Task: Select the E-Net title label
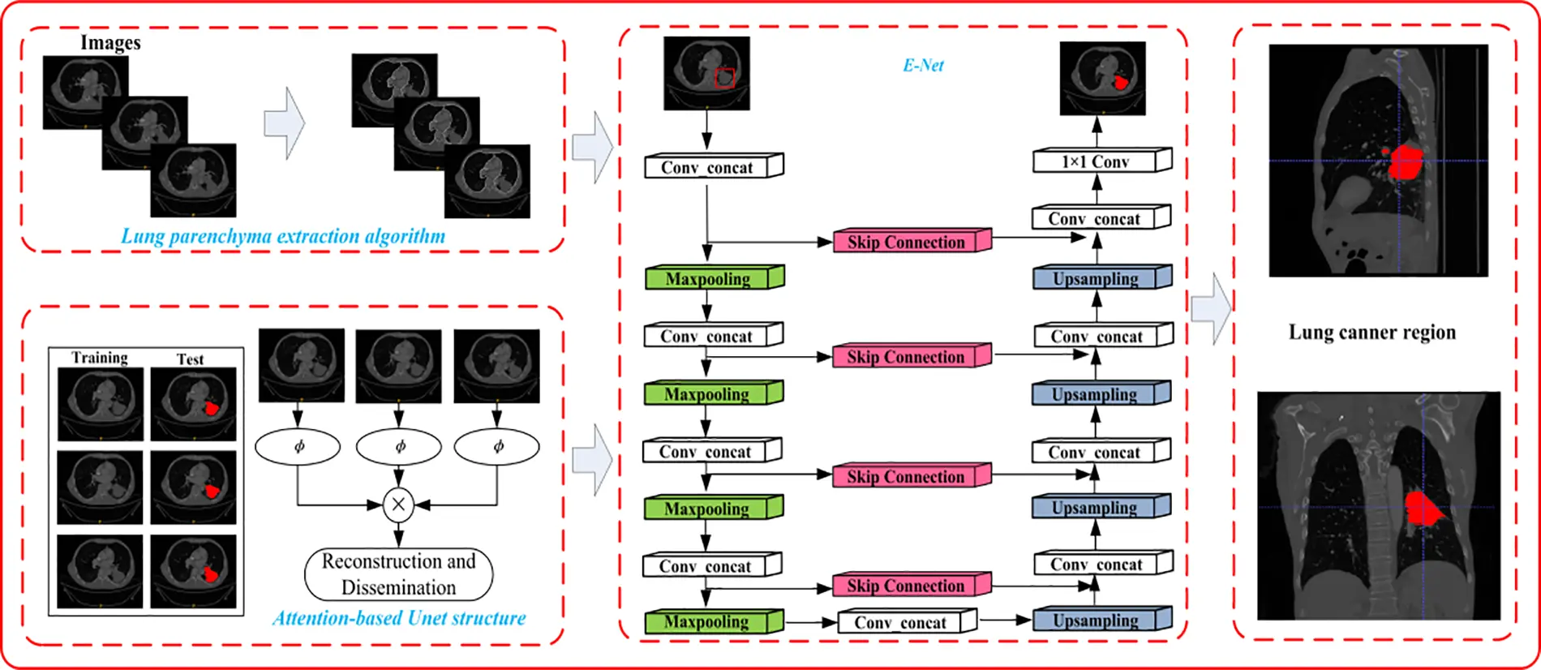[x=923, y=65]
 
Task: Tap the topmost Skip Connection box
[x=906, y=242]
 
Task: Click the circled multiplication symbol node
[x=398, y=505]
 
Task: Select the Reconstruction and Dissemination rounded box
[x=398, y=574]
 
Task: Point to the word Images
[x=110, y=42]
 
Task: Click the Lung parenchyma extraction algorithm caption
[x=283, y=237]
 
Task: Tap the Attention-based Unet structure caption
[x=398, y=618]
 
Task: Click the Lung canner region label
[x=1371, y=332]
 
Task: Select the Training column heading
[x=99, y=358]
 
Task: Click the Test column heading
[x=190, y=359]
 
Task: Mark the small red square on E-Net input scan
[x=725, y=78]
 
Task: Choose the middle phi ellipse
[x=399, y=446]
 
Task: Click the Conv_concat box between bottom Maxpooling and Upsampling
[x=900, y=622]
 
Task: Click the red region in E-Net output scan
[x=1121, y=82]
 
